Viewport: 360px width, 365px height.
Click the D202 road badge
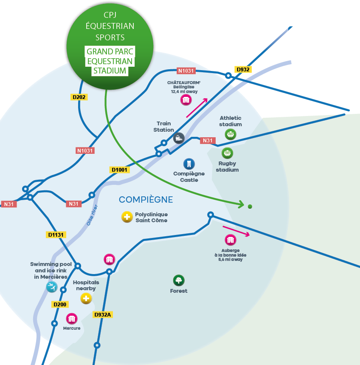point(79,97)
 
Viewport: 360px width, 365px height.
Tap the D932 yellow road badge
point(243,69)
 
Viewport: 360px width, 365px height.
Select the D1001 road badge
point(120,170)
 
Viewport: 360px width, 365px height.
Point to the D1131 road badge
point(56,235)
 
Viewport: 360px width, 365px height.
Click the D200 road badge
point(60,304)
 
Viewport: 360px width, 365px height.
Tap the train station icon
point(179,138)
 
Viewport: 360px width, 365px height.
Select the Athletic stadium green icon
point(231,134)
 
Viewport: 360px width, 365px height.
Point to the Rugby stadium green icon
point(228,153)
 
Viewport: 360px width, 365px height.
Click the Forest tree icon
point(179,280)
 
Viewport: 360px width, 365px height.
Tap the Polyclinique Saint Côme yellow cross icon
point(127,217)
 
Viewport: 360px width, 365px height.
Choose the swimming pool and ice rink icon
point(52,287)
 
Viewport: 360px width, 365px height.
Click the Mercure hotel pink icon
point(72,319)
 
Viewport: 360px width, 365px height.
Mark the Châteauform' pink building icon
point(186,100)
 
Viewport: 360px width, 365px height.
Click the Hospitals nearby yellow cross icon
point(86,298)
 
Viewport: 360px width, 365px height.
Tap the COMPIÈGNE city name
point(146,199)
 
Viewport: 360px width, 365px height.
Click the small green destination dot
point(250,207)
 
